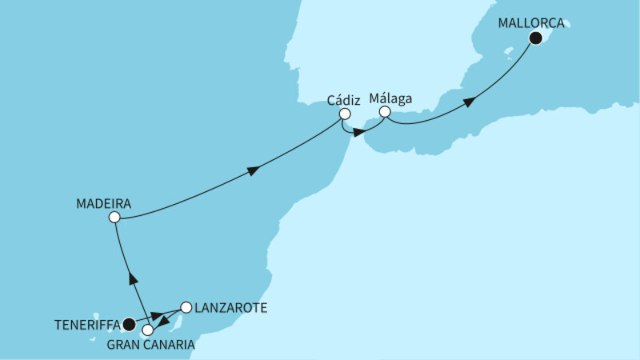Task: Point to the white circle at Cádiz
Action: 345,114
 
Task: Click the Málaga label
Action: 391,98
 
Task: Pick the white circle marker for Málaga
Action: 384,113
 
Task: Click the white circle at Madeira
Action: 114,217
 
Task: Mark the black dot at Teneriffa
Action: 129,324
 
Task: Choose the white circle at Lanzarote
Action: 186,306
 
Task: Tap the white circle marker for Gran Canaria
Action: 147,329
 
